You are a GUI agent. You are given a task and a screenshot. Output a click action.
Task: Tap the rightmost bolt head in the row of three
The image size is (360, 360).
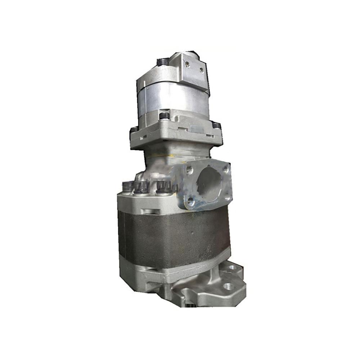coord(164,186)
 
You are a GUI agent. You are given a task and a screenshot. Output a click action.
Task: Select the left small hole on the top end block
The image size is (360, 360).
coord(187,64)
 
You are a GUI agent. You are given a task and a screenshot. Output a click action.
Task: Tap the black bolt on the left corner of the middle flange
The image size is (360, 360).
coord(134,129)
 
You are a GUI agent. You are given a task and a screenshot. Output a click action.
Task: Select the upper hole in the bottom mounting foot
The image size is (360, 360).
coord(232,267)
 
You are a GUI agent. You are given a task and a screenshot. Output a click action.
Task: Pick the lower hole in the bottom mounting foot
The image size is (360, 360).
coord(227,287)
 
